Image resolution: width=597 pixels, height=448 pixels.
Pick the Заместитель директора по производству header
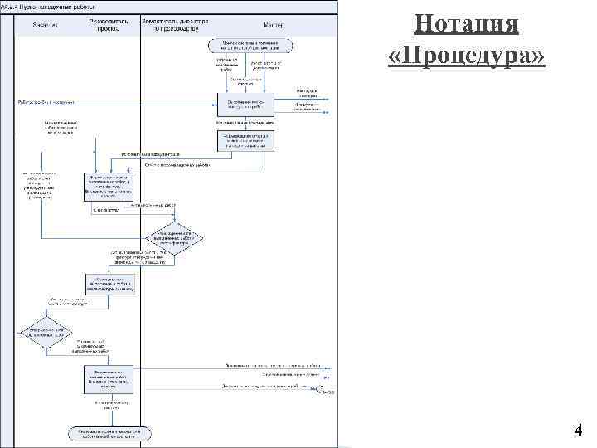175,23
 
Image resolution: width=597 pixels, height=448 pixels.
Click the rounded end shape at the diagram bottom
109,433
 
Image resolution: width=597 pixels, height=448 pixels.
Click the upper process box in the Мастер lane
245,103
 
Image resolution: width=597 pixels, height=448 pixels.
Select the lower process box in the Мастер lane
245,141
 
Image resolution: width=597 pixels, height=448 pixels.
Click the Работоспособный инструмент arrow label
46,102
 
